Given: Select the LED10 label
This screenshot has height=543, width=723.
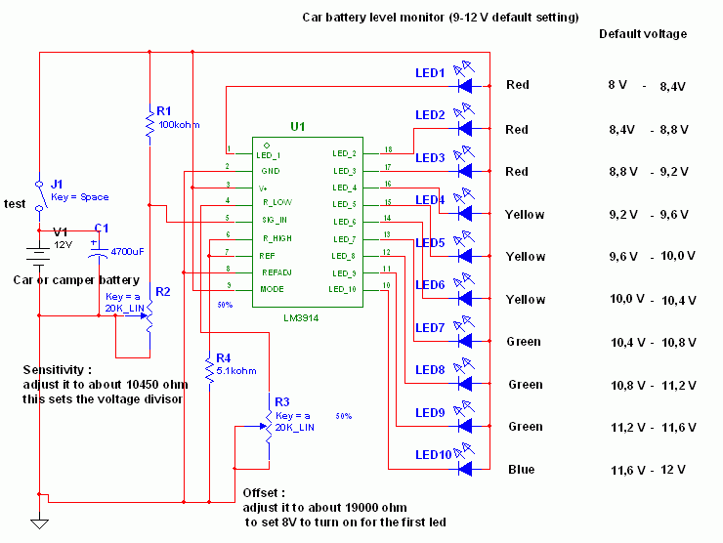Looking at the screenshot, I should click(x=432, y=454).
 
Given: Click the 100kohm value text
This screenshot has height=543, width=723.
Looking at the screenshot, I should click(x=179, y=125).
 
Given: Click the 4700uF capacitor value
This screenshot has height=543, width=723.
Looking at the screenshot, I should click(x=127, y=251).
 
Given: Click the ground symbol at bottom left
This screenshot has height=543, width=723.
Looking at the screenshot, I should click(x=39, y=524).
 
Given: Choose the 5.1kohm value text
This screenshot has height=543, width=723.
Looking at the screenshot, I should click(x=237, y=370).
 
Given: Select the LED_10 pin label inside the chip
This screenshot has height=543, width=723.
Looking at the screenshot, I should click(x=344, y=289).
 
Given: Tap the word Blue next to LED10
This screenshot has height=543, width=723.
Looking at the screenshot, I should click(x=521, y=470).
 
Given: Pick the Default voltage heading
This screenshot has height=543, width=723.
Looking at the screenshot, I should click(x=642, y=33).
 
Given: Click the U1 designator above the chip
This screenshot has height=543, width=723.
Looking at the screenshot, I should click(x=298, y=127).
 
